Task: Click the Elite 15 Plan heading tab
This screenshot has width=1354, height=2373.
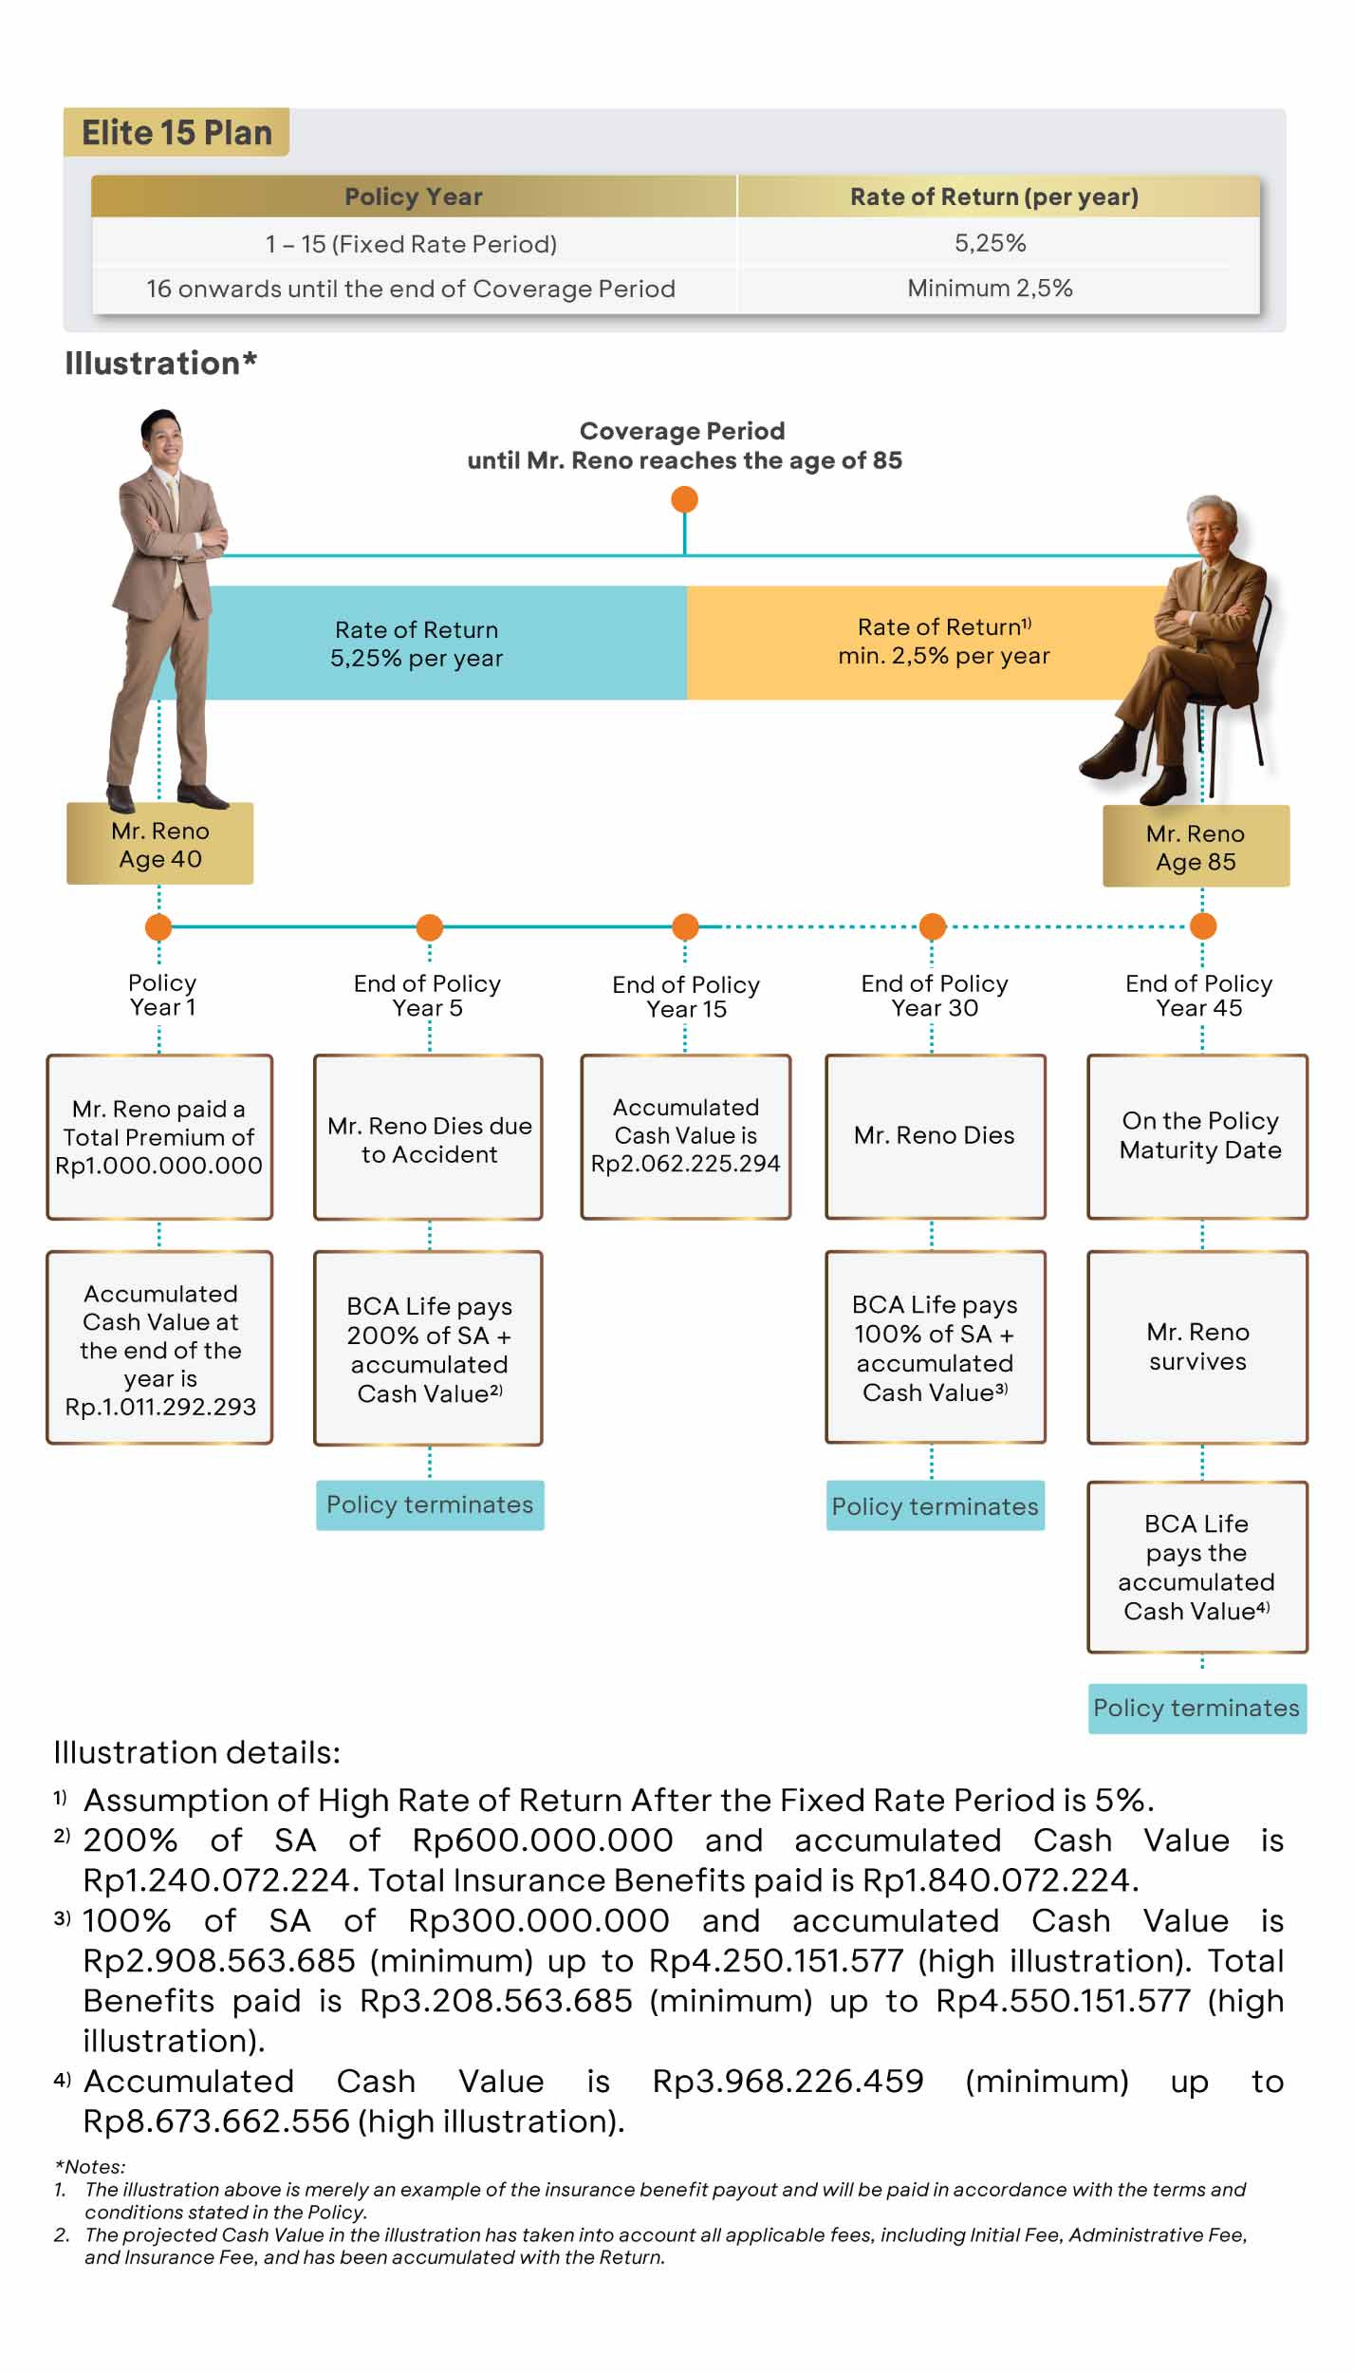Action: [x=176, y=133]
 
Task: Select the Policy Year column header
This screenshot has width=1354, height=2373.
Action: [x=414, y=196]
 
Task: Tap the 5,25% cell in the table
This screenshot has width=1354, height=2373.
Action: [x=991, y=243]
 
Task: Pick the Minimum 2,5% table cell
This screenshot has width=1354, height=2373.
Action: [x=990, y=288]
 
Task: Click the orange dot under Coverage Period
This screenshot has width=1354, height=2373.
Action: [x=684, y=499]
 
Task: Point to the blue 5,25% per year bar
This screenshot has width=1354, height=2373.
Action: [x=417, y=644]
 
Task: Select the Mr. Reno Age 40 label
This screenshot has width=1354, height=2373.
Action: [x=159, y=844]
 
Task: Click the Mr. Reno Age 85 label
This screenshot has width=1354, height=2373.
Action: [x=1196, y=847]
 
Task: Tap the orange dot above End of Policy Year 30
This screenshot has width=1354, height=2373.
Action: [x=933, y=925]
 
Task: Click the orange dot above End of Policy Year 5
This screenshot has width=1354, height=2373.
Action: [x=430, y=926]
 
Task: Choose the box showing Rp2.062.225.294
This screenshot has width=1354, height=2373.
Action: [x=685, y=1136]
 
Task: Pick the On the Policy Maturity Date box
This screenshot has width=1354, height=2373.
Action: [x=1198, y=1136]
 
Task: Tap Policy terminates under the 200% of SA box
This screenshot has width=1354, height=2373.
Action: [x=430, y=1504]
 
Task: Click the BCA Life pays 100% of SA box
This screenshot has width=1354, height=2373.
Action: [x=935, y=1347]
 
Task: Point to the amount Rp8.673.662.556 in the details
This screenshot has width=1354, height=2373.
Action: [x=216, y=2121]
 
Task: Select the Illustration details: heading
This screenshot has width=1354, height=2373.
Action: [x=196, y=1751]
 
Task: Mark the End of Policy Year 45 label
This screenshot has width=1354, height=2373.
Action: [x=1199, y=995]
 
